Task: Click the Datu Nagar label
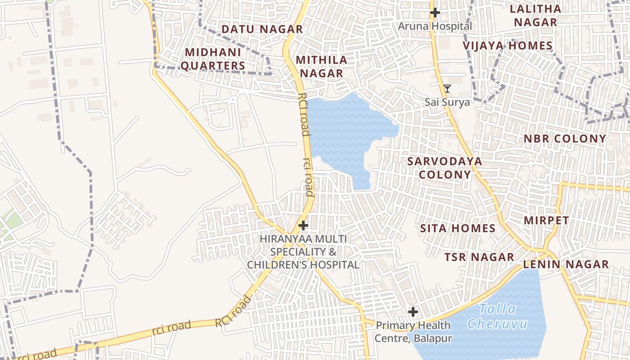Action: pyautogui.click(x=262, y=29)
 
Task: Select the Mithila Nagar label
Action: pyautogui.click(x=321, y=66)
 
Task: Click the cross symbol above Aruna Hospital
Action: pyautogui.click(x=435, y=13)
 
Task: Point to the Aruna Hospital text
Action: pyautogui.click(x=435, y=26)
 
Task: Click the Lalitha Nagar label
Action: pyautogui.click(x=535, y=15)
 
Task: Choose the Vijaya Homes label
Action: pyautogui.click(x=508, y=45)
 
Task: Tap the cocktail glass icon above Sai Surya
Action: pyautogui.click(x=447, y=89)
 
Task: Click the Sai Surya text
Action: pyautogui.click(x=447, y=102)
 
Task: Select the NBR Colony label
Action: pyautogui.click(x=565, y=139)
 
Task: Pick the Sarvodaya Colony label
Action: pyautogui.click(x=445, y=167)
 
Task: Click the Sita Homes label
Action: pyautogui.click(x=458, y=228)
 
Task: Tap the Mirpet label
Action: pyautogui.click(x=546, y=220)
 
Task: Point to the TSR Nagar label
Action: pyautogui.click(x=479, y=257)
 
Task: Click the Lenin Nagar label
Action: pyautogui.click(x=566, y=264)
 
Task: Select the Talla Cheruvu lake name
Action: pyautogui.click(x=497, y=316)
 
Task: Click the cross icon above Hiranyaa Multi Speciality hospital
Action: pyautogui.click(x=303, y=225)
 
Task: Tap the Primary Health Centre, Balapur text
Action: pyautogui.click(x=413, y=332)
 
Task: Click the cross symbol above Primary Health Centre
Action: pyautogui.click(x=413, y=311)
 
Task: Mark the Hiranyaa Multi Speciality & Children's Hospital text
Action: pyautogui.click(x=303, y=252)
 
